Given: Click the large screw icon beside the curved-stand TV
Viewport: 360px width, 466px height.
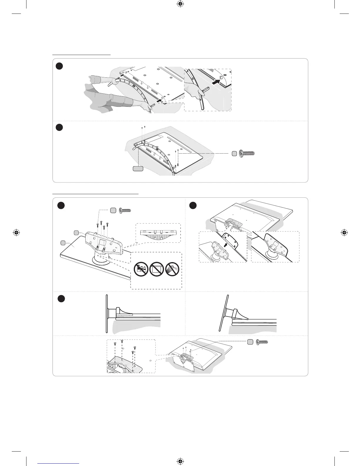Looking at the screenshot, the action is coord(247,153).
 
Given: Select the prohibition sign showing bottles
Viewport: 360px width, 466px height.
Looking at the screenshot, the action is coord(141,269).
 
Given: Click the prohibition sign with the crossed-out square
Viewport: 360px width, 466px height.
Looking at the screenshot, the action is coord(156,269).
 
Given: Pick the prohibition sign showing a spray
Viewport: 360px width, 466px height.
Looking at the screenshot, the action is coord(172,269).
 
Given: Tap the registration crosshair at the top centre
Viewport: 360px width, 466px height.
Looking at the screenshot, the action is coord(180,4).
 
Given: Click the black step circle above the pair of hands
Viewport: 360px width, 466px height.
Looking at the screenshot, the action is coord(59,66).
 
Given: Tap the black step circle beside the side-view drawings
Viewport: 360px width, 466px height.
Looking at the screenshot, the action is coord(61,299).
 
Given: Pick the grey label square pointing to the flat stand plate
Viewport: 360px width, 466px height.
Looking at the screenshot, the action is coord(63,243).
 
